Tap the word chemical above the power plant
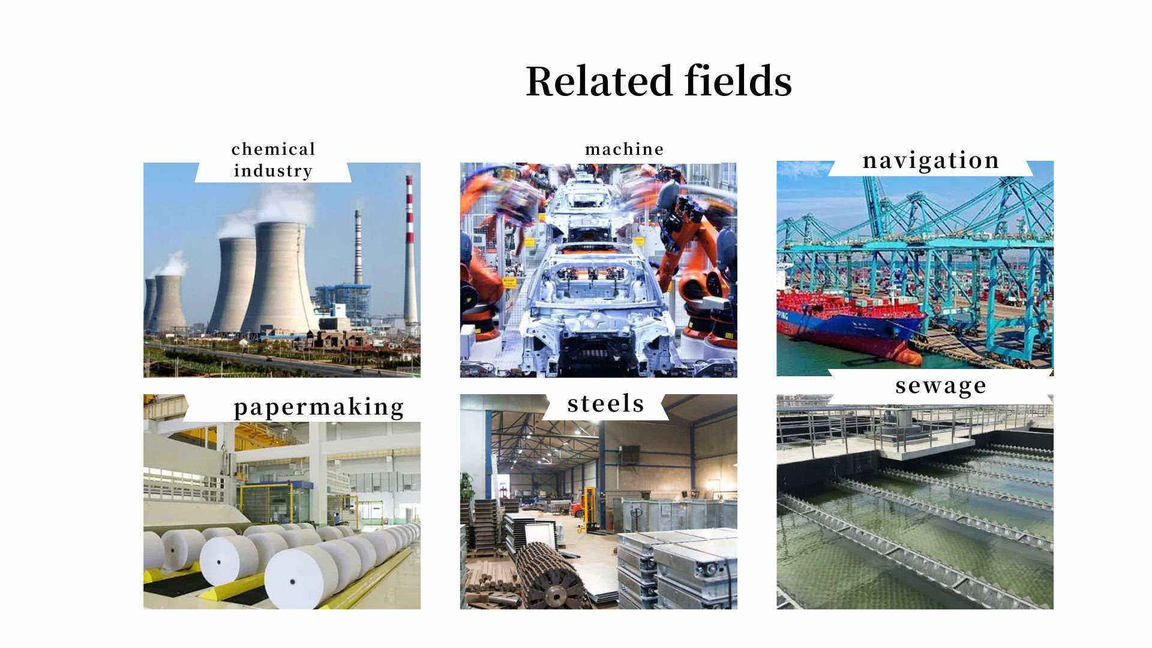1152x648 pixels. (x=273, y=149)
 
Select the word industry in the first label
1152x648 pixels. (x=273, y=171)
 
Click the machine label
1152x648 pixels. (x=625, y=149)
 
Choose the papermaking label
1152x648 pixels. (x=319, y=407)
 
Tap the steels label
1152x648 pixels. (x=605, y=403)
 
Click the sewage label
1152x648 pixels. (x=940, y=386)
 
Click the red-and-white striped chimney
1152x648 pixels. (x=410, y=251)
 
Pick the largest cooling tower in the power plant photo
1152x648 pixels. (x=280, y=277)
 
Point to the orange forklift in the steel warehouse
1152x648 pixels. (x=584, y=511)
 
